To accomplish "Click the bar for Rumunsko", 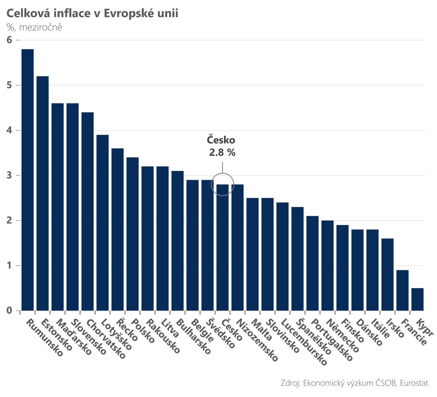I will pos(28,180).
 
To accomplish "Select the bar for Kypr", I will pos(417,299).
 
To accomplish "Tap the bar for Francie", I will pos(402,290).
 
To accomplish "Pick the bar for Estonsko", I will pos(43,193).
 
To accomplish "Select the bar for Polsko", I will pos(132,234).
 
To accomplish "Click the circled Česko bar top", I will pos(222,185).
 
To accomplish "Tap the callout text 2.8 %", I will pos(222,152).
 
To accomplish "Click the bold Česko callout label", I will pos(221,140).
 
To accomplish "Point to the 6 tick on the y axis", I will pos(10,40).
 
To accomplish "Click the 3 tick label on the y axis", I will pos(10,175).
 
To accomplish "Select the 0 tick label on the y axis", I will pos(10,311).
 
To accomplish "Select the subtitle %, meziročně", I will pos(34,27).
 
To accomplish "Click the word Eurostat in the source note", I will pos(414,383).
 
